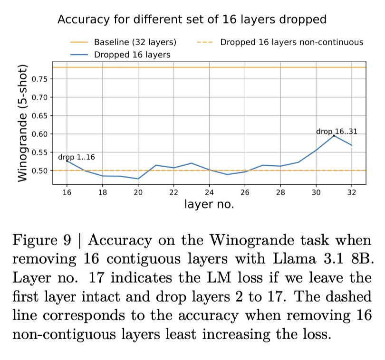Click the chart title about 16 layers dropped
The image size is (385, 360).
pyautogui.click(x=192, y=19)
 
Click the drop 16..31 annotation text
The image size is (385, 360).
pyautogui.click(x=337, y=131)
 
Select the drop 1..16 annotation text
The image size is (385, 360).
pyautogui.click(x=77, y=157)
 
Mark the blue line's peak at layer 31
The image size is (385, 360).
pyautogui.click(x=334, y=136)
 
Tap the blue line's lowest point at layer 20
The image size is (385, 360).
pyautogui.click(x=138, y=179)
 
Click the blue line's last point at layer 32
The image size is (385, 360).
pyautogui.click(x=351, y=145)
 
